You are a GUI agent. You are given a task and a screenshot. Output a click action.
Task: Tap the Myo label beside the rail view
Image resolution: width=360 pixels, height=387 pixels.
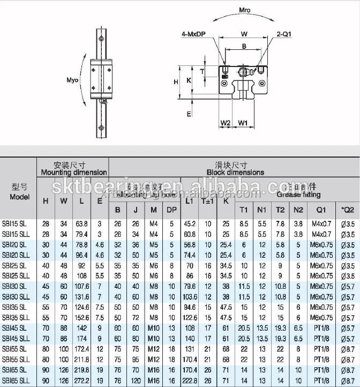(x=72, y=80)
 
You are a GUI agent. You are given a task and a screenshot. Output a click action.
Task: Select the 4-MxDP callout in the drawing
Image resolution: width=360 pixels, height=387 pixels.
(x=194, y=35)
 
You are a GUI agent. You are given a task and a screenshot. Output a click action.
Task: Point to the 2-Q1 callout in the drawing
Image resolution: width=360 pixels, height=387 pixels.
(x=283, y=35)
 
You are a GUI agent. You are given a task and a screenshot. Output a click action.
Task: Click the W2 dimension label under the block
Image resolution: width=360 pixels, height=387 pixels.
(x=225, y=123)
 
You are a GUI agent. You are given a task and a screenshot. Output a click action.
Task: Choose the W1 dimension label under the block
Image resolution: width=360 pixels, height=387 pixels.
(x=243, y=123)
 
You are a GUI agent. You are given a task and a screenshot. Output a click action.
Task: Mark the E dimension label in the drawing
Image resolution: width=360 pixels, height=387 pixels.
(x=189, y=114)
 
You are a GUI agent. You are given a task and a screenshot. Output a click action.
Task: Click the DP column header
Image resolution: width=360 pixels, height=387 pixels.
(x=171, y=210)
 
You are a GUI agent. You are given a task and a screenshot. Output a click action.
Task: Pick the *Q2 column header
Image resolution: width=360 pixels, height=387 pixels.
(x=348, y=210)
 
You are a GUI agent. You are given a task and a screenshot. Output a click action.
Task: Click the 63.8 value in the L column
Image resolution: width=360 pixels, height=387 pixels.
(x=81, y=223)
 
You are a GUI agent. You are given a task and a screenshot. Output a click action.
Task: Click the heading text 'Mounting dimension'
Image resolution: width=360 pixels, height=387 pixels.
(x=74, y=172)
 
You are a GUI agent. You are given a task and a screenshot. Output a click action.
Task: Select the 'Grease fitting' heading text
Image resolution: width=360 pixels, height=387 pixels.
(x=298, y=195)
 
